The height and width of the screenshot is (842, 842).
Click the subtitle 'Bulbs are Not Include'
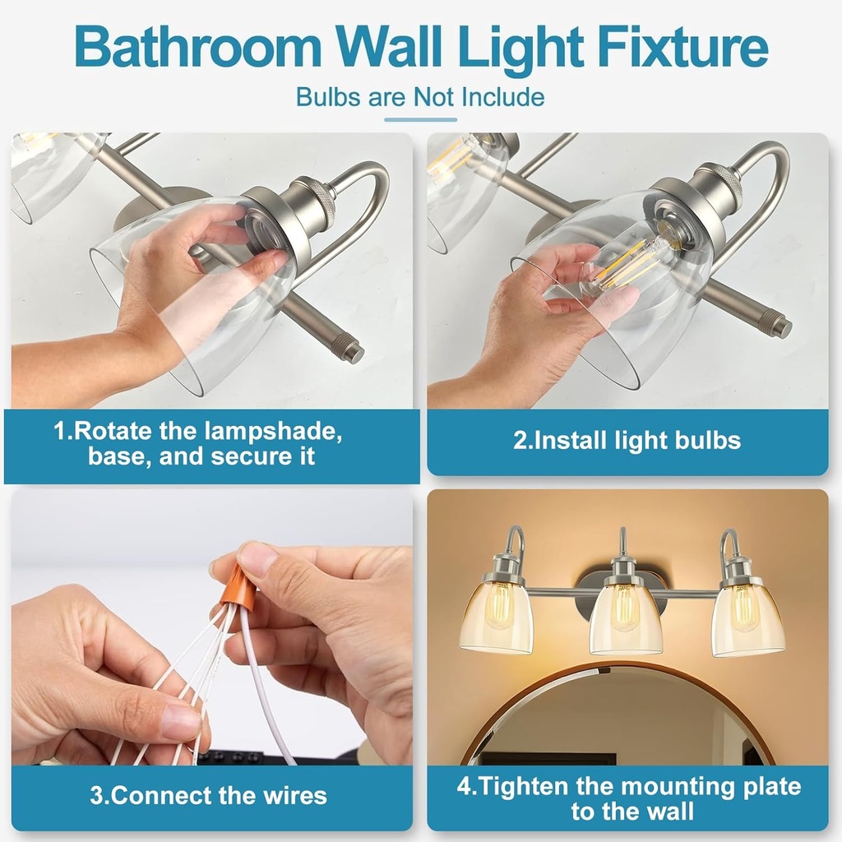click(420, 97)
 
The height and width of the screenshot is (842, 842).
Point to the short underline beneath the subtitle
click(420, 120)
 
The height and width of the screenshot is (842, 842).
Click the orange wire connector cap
click(238, 585)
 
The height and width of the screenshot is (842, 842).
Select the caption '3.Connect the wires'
click(208, 795)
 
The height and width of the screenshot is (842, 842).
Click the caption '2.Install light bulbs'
click(627, 440)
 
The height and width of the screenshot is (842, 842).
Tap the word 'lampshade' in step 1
click(271, 432)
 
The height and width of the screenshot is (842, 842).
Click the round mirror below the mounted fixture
click(617, 724)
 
